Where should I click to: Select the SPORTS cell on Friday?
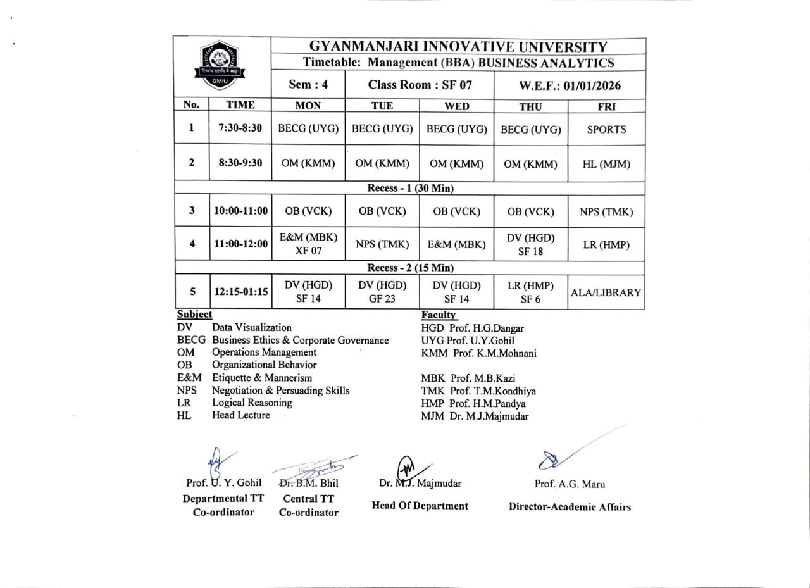point(606,129)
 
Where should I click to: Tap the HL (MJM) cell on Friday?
point(606,164)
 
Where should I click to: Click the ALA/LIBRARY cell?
point(606,292)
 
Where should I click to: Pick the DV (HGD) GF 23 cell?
point(382,292)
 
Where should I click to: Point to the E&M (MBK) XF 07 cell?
point(308,244)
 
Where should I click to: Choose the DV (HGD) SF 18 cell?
point(531,244)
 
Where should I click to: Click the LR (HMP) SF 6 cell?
point(530,292)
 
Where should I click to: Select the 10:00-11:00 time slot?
point(240,211)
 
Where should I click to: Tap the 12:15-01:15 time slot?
point(240,292)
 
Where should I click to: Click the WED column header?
point(457,106)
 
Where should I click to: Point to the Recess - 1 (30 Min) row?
point(410,188)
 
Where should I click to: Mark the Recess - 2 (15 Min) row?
point(410,268)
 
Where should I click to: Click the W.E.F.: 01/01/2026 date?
point(570,85)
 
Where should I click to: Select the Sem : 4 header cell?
point(308,85)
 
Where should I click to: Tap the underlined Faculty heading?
point(438,315)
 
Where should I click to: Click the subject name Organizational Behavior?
point(264,365)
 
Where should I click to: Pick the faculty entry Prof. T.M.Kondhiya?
point(478,391)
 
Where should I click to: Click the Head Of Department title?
point(420,506)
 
